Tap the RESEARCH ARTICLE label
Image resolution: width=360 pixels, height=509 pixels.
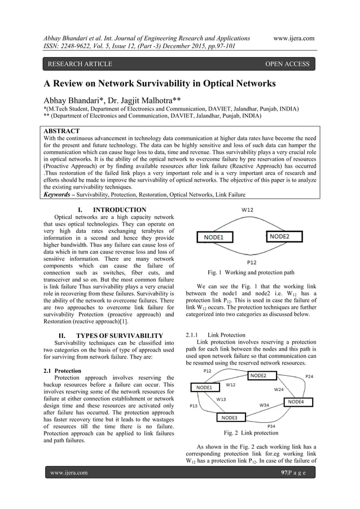click(x=80, y=64)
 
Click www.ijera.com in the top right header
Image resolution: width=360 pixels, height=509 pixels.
click(x=293, y=38)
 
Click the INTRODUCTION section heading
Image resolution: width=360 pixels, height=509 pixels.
click(x=119, y=210)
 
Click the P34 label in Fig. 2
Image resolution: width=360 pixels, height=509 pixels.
click(x=271, y=426)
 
